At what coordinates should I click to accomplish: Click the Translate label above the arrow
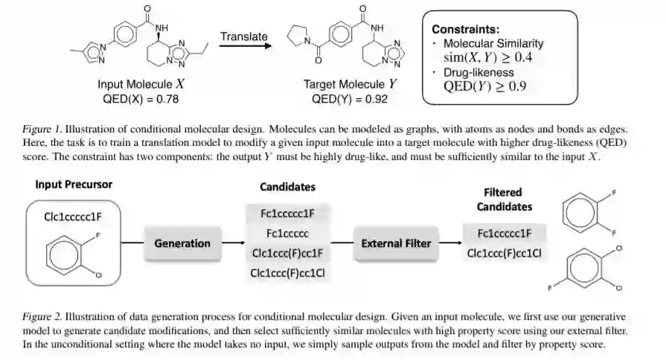[x=244, y=36]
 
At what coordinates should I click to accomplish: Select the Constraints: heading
[x=466, y=30]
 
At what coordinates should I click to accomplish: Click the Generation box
[x=182, y=243]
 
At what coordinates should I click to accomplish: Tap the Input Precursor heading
[x=74, y=184]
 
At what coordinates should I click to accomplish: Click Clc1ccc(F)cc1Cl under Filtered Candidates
[x=504, y=253]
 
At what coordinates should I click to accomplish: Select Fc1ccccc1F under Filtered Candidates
[x=504, y=233]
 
